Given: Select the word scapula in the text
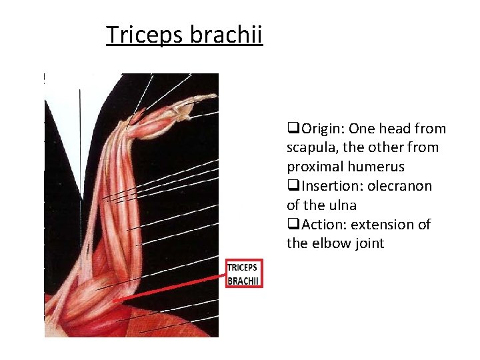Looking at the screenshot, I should pyautogui.click(x=312, y=147).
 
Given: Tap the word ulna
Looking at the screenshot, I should pyautogui.click(x=341, y=205).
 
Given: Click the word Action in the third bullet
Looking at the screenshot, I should pyautogui.click(x=321, y=225).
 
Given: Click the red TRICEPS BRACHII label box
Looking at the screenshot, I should pyautogui.click(x=244, y=273).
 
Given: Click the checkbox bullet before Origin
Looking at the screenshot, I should pyautogui.click(x=291, y=129).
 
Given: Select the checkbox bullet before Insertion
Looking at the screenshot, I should pyautogui.click(x=291, y=186).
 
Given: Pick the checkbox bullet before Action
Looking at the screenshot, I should pyautogui.click(x=291, y=225).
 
